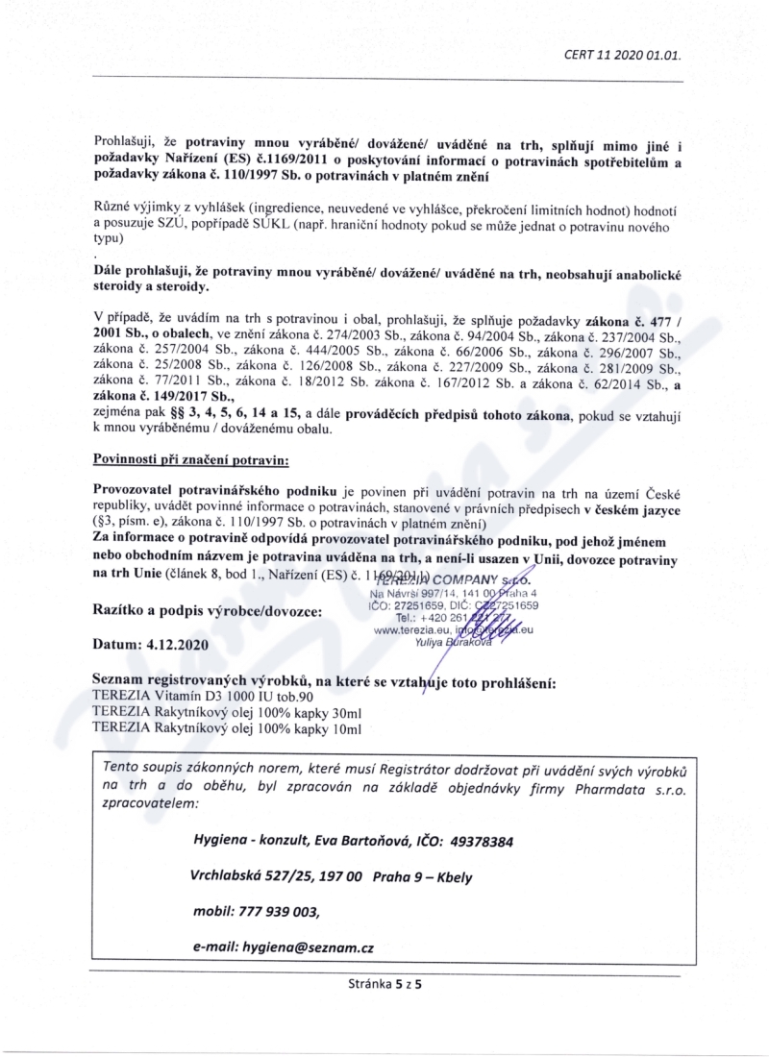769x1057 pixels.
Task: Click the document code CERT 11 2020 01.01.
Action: coord(623,54)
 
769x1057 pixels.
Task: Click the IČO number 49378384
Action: coord(479,841)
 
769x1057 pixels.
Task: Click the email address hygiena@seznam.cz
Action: coord(307,946)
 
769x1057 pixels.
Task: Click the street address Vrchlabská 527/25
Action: coord(252,876)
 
